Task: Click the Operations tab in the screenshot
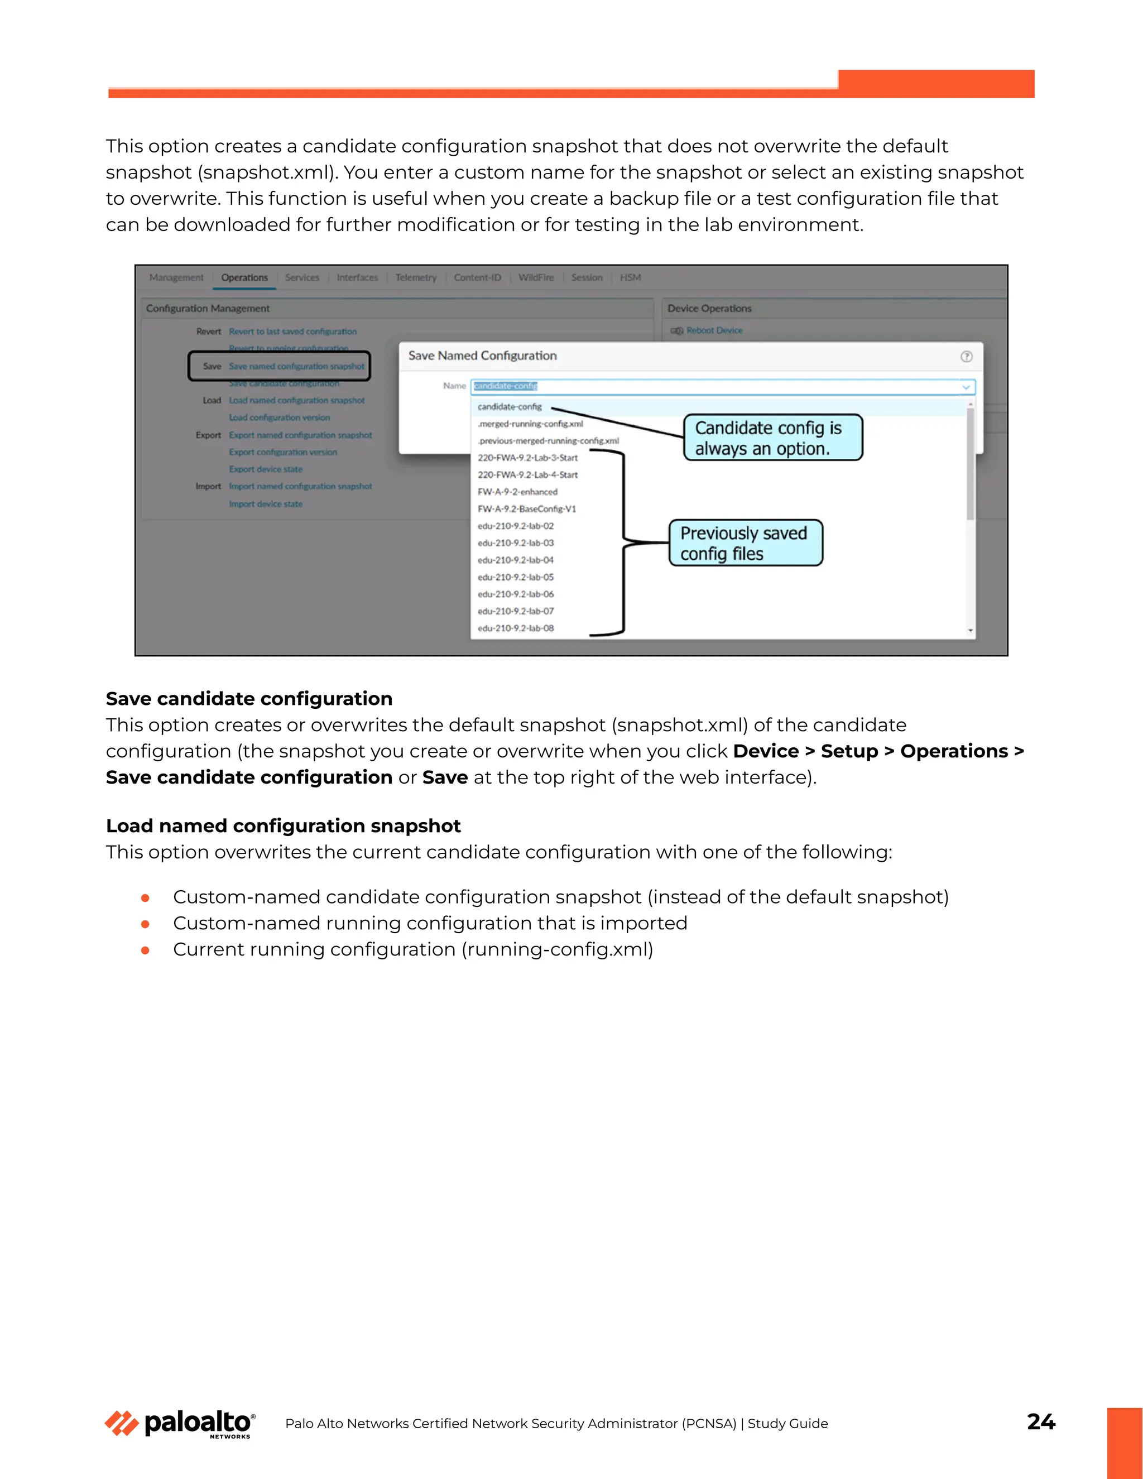click(x=244, y=277)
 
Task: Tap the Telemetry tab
click(x=416, y=277)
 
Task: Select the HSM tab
click(x=630, y=277)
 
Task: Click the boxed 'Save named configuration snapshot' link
click(x=296, y=366)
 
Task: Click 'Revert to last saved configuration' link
click(x=292, y=332)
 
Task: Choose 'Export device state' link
click(x=266, y=469)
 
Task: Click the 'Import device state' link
click(x=266, y=504)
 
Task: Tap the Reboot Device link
click(x=714, y=330)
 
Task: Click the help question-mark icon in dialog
click(x=966, y=356)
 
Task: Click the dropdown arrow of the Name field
click(x=966, y=387)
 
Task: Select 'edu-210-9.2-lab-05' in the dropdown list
click(x=515, y=578)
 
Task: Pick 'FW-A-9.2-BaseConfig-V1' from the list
click(x=527, y=509)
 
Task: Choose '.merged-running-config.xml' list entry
click(x=530, y=424)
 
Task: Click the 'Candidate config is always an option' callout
click(x=772, y=438)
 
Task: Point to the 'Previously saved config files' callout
click(x=746, y=543)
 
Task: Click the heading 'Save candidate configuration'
click(x=248, y=699)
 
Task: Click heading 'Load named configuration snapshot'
click(x=283, y=826)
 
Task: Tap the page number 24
click(x=1040, y=1422)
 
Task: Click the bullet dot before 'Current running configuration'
click(x=145, y=951)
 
